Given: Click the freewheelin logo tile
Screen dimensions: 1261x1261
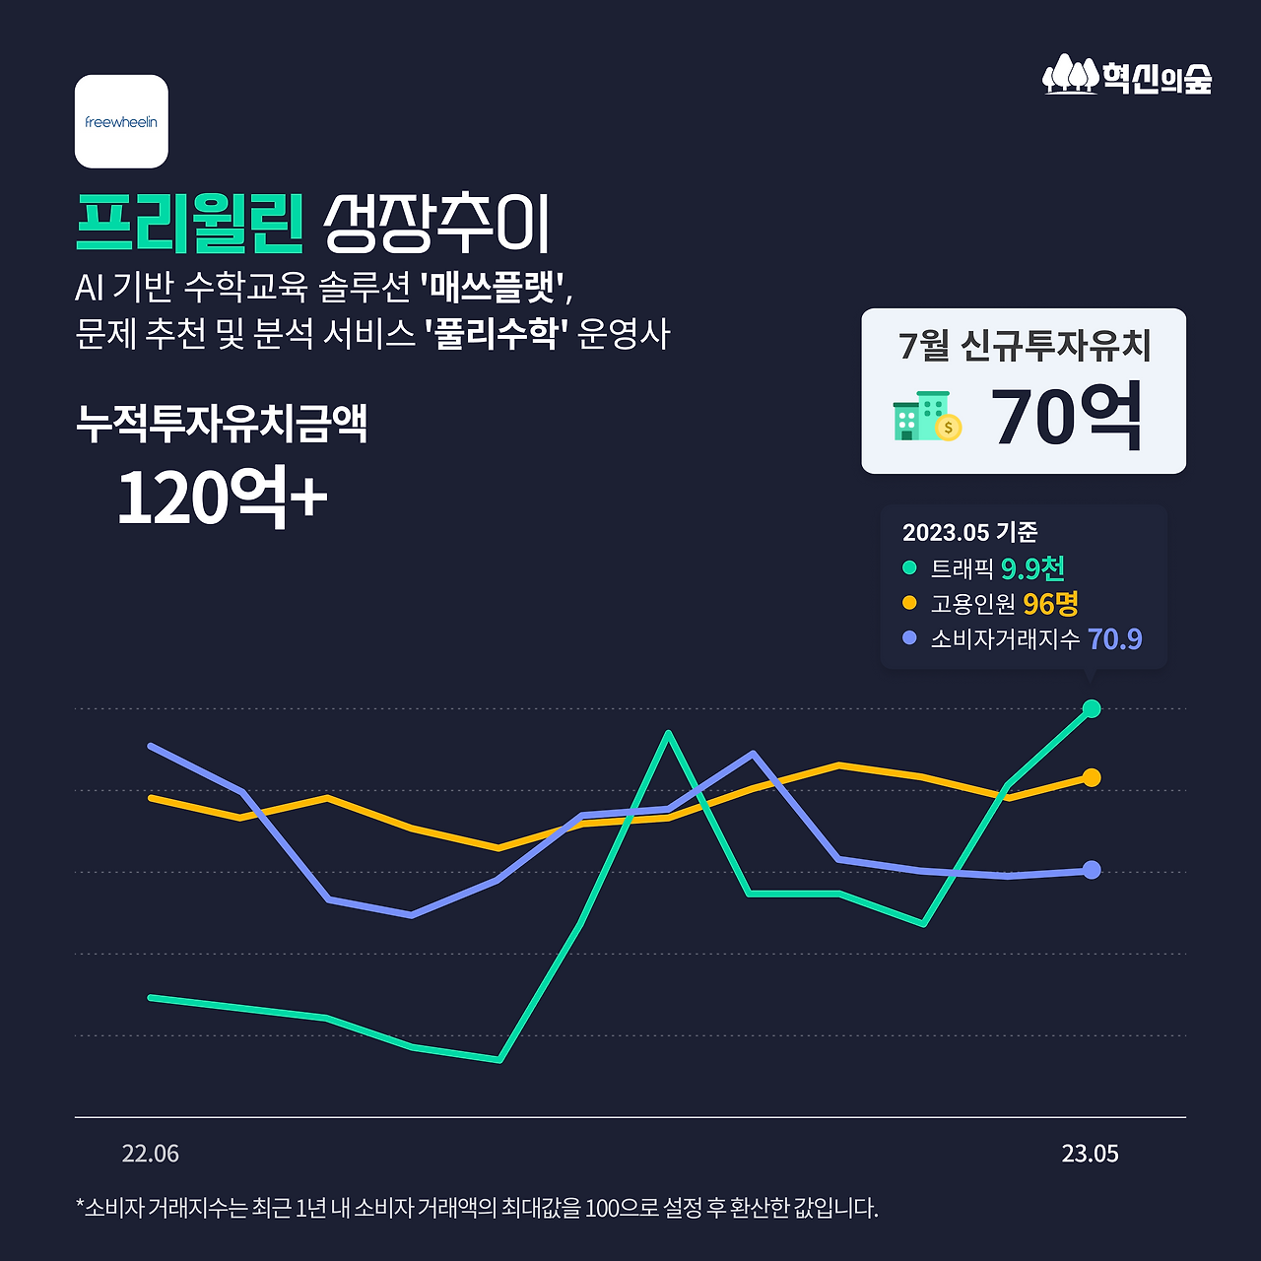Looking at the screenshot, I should (121, 121).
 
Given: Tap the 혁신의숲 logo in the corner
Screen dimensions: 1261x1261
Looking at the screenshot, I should (1127, 75).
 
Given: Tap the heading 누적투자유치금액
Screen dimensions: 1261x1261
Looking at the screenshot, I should (222, 423).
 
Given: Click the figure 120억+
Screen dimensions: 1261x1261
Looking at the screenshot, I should (222, 498).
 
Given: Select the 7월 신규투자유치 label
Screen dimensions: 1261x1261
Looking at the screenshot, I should (1025, 345).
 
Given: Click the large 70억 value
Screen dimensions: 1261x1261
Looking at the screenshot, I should (1067, 417).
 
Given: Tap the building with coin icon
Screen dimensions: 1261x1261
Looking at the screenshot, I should (926, 417).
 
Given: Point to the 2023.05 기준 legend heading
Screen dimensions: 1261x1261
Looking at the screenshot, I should (970, 532).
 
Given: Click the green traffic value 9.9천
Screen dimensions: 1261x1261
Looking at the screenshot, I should (1032, 568).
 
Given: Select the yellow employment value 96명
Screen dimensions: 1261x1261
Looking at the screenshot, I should (1050, 603).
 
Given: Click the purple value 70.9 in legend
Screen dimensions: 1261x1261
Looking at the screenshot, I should (1114, 639).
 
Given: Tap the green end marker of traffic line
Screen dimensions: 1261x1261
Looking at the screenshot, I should (1092, 708).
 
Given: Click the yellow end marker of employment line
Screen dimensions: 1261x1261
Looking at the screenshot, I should (1092, 778).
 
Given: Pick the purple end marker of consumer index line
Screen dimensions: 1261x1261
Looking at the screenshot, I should (1092, 870).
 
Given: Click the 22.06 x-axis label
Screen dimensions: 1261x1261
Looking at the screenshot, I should (151, 1154).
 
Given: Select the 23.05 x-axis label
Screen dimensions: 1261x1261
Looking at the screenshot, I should (1090, 1154).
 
